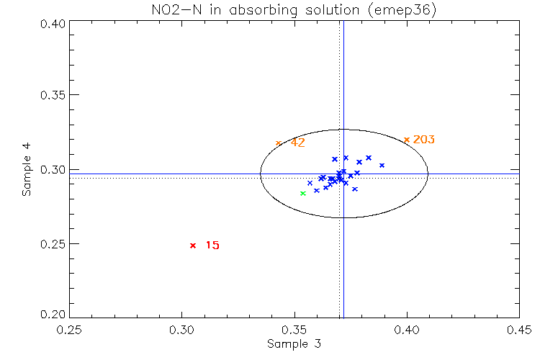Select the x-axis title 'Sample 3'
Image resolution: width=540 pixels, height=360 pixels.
(294, 344)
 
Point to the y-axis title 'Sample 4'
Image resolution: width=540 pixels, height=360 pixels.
(27, 170)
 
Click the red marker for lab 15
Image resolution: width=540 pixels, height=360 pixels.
(193, 246)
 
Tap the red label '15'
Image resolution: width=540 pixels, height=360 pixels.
(212, 246)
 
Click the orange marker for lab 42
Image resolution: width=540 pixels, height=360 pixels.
(279, 143)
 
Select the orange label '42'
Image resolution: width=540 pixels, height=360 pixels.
(298, 143)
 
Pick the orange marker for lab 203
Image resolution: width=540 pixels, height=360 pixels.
(407, 140)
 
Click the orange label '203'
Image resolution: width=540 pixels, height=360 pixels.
(424, 140)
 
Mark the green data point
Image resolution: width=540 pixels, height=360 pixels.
(303, 193)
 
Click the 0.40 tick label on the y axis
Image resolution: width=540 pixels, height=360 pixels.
(54, 23)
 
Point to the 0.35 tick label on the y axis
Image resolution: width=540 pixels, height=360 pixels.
(54, 96)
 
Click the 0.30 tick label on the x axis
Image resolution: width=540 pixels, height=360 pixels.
(181, 330)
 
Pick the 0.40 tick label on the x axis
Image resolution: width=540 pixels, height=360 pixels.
(407, 330)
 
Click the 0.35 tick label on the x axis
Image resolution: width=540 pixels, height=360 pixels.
(294, 330)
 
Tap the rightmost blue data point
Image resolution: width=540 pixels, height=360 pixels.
(382, 166)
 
